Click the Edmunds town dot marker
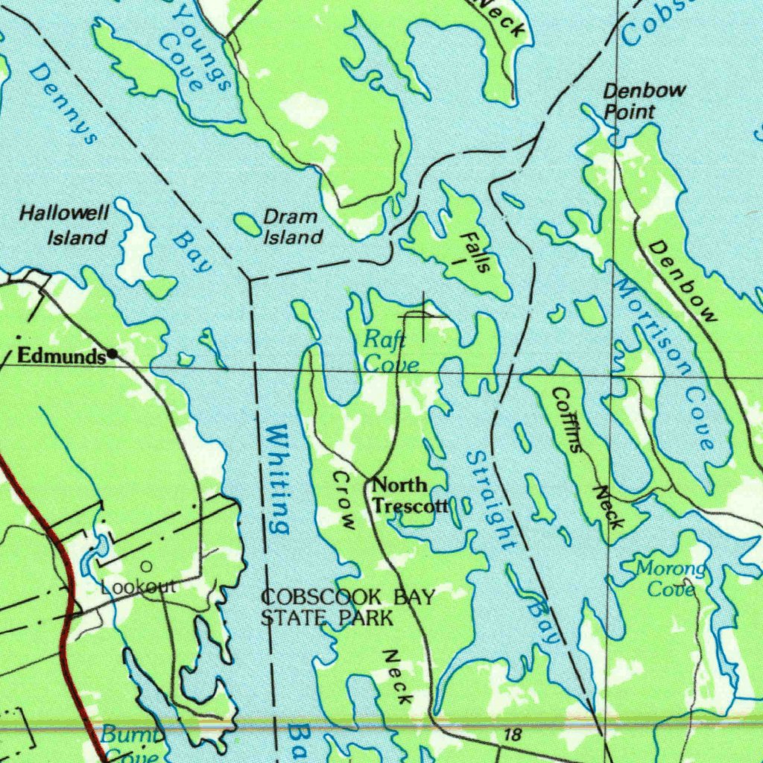tap(113, 354)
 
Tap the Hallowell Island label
tap(65, 226)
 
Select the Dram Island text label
tap(293, 227)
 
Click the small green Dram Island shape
tap(245, 223)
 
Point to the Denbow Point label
tap(633, 101)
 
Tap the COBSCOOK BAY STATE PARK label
tap(346, 607)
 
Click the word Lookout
tap(139, 587)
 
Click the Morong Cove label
tap(670, 580)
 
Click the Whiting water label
tap(277, 478)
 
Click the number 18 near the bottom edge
tap(512, 735)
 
